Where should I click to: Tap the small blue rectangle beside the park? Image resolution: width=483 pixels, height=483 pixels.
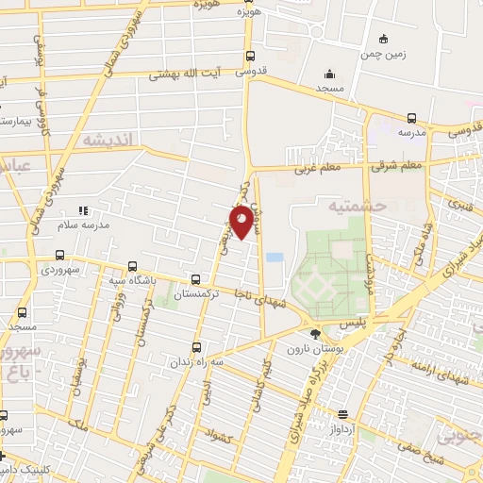click(x=275, y=258)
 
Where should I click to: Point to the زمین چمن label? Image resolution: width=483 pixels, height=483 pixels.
click(x=383, y=54)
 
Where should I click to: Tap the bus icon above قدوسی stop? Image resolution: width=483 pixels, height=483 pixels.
click(x=249, y=55)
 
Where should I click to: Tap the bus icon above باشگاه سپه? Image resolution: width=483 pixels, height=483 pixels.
click(x=132, y=267)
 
